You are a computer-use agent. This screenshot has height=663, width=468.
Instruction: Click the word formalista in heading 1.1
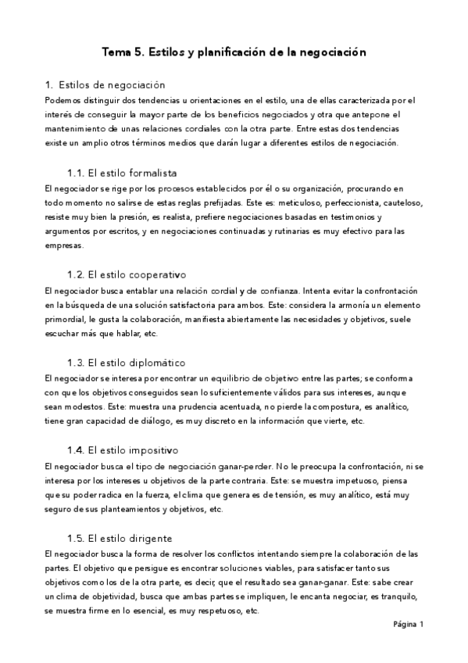point(149,173)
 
